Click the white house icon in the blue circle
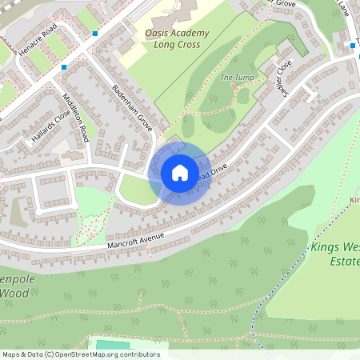(180, 172)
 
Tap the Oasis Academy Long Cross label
(177, 38)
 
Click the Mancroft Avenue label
(135, 237)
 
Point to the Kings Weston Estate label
(337, 254)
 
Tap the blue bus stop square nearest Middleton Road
(64, 67)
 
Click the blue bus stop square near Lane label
(353, 46)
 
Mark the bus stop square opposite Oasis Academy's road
(95, 34)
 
